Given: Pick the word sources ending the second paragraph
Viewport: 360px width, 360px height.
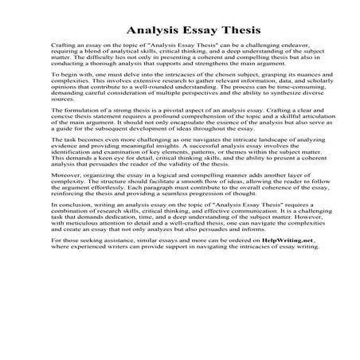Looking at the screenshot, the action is [x=61, y=123].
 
